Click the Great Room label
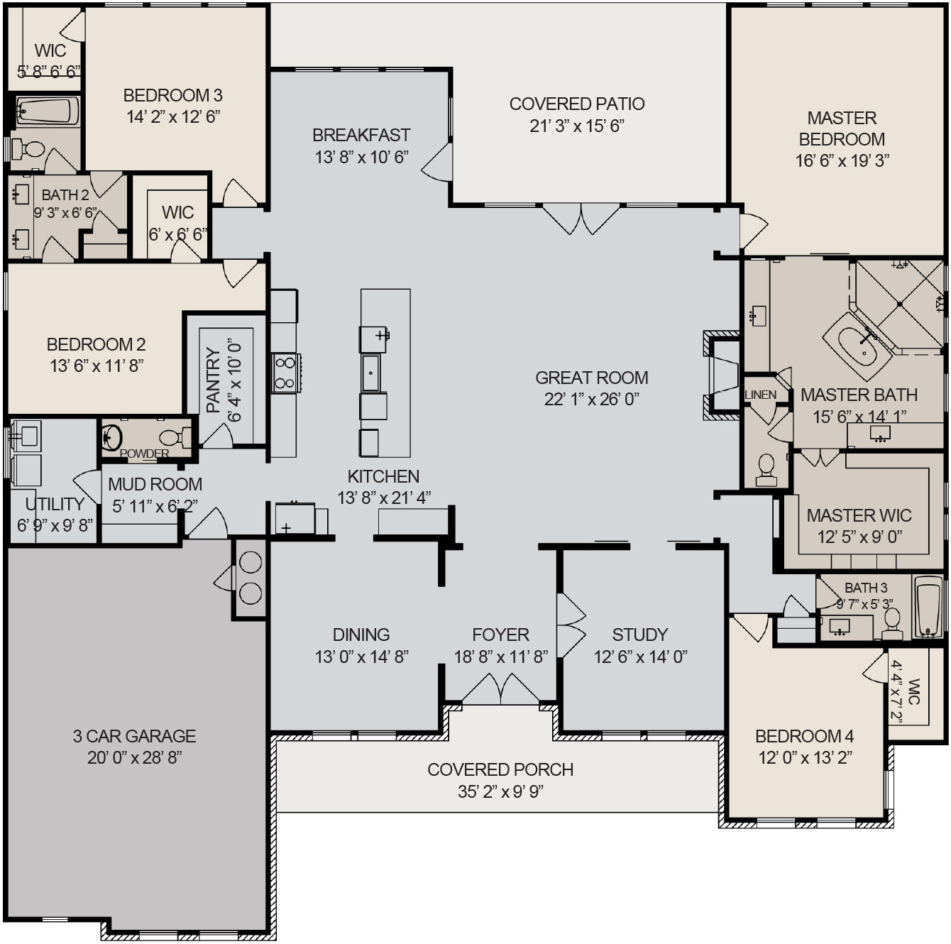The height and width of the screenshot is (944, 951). (x=591, y=378)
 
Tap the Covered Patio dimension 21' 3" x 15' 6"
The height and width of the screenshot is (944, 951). (x=576, y=126)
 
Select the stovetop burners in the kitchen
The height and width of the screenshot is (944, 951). (x=285, y=373)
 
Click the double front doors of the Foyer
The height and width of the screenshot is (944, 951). (x=500, y=689)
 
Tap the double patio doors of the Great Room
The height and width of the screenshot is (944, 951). (x=581, y=218)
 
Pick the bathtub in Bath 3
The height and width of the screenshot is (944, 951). (x=928, y=608)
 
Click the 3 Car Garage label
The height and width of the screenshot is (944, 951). (x=134, y=736)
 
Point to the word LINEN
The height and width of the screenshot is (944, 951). (x=760, y=395)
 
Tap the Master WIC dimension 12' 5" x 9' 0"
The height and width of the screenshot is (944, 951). (x=859, y=537)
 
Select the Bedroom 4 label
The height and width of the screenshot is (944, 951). (x=804, y=736)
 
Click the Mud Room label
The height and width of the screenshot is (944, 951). (x=155, y=484)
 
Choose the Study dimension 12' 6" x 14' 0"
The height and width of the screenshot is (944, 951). (x=640, y=657)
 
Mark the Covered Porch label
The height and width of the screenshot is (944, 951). (x=500, y=769)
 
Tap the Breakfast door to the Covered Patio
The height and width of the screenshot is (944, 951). (x=438, y=163)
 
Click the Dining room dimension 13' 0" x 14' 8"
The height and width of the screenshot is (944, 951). (x=361, y=657)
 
